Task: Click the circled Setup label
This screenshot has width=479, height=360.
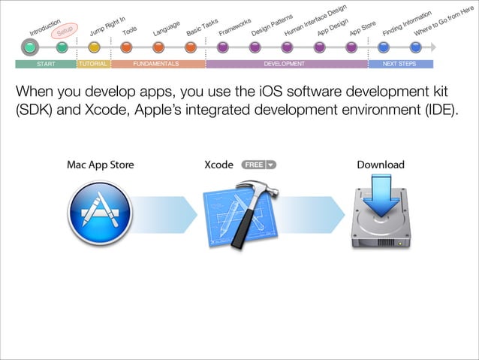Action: [x=65, y=29]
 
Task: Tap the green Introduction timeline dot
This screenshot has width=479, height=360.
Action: [x=29, y=47]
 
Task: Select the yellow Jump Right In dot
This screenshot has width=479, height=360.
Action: [x=94, y=47]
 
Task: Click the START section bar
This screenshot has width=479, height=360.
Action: [x=45, y=64]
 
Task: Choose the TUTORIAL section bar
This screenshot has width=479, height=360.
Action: [x=93, y=64]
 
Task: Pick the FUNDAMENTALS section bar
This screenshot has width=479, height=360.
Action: [x=157, y=64]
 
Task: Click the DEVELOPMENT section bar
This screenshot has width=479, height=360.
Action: [x=285, y=64]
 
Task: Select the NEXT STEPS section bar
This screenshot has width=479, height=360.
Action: [x=399, y=64]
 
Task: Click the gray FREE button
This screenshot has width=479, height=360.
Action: [x=258, y=165]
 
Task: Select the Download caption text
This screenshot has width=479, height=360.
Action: [x=380, y=165]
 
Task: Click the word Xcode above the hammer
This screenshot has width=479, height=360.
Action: [x=219, y=165]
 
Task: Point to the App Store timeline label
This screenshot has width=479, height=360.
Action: [x=363, y=29]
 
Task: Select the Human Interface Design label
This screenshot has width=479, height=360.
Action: [x=315, y=23]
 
